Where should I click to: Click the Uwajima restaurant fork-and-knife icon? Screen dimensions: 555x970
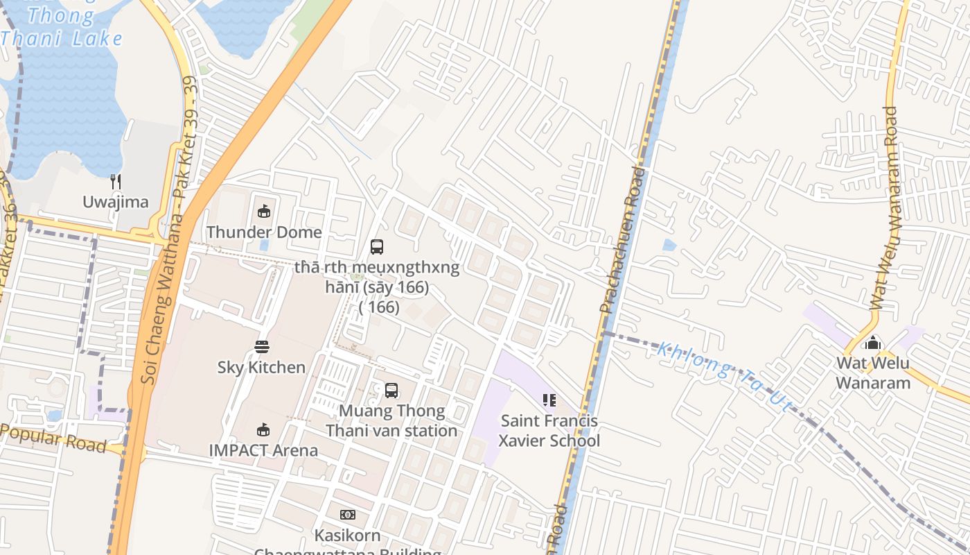(116, 182)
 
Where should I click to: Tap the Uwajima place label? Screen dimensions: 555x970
(116, 202)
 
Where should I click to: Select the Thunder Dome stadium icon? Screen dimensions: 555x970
(264, 212)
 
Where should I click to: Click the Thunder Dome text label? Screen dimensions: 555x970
(264, 232)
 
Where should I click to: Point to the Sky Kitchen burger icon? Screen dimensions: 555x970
(262, 347)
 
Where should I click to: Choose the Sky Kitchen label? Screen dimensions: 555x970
(262, 367)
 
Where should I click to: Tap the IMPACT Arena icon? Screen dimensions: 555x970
(263, 430)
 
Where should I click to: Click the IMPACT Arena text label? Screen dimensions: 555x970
(263, 450)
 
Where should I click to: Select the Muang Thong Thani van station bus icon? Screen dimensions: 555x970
(391, 391)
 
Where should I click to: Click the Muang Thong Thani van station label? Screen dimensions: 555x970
(391, 420)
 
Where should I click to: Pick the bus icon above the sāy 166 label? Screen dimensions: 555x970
(377, 246)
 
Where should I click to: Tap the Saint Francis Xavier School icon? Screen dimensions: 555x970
(549, 400)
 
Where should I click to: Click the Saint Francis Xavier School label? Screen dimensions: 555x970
(549, 430)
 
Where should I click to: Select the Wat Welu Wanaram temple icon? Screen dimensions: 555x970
(873, 343)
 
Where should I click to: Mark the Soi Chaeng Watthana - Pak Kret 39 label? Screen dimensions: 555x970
(170, 229)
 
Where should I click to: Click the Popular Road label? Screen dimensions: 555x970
(54, 437)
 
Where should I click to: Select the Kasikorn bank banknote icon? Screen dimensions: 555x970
(348, 515)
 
